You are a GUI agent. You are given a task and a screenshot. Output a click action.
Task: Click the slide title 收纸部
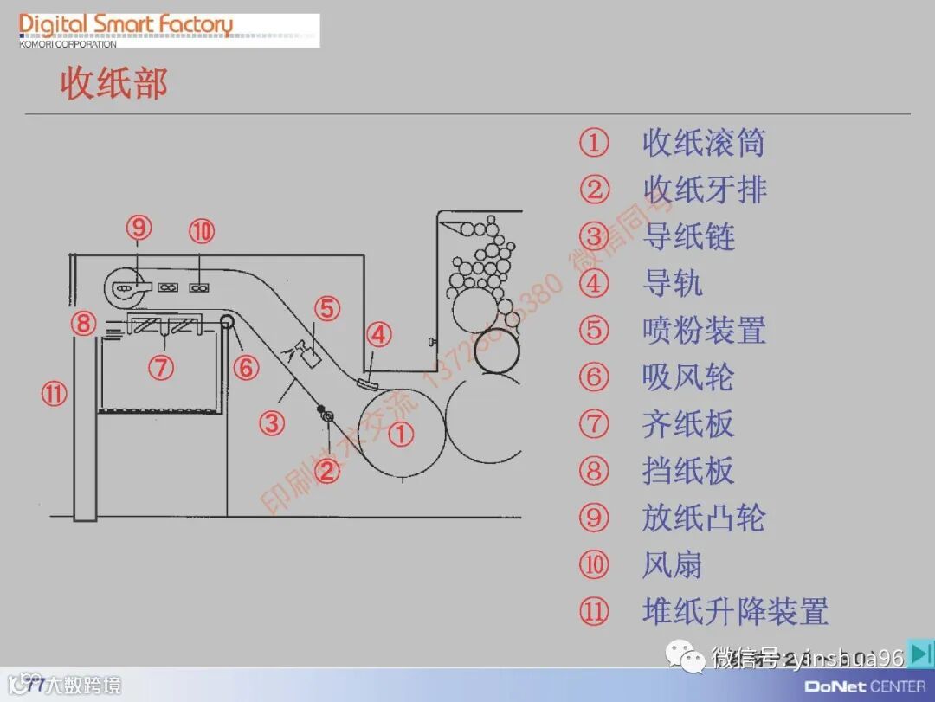(x=113, y=84)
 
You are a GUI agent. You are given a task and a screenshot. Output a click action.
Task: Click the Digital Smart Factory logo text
(x=126, y=25)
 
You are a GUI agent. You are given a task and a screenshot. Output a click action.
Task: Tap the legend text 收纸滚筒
(x=703, y=143)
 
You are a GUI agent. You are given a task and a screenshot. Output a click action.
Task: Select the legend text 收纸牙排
(x=704, y=190)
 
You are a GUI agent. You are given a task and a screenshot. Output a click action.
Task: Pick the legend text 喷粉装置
(x=704, y=330)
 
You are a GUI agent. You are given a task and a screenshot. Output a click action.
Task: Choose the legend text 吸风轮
(x=688, y=377)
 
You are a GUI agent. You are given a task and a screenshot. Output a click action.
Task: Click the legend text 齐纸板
(x=688, y=424)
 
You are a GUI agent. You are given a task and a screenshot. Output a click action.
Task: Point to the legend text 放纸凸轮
(x=704, y=518)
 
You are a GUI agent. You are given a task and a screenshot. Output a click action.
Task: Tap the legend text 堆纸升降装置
(x=735, y=611)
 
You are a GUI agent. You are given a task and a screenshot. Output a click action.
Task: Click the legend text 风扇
(x=672, y=564)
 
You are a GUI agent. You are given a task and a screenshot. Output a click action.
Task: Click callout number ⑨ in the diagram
(x=139, y=228)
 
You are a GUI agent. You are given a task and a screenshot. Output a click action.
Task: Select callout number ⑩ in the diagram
(x=202, y=231)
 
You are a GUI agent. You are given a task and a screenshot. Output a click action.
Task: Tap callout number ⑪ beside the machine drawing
(x=54, y=395)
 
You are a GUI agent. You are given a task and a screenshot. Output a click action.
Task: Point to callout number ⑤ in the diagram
(x=327, y=308)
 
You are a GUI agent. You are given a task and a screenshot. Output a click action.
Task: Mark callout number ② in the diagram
(x=327, y=471)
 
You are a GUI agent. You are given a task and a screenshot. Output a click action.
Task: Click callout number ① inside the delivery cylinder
(x=401, y=434)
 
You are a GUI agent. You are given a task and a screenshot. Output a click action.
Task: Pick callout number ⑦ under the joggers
(x=160, y=368)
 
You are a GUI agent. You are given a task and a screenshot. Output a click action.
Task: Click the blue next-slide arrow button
(x=922, y=654)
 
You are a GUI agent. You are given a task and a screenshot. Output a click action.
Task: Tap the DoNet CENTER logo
(x=865, y=686)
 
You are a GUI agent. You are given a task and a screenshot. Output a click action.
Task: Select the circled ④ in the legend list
(x=594, y=283)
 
